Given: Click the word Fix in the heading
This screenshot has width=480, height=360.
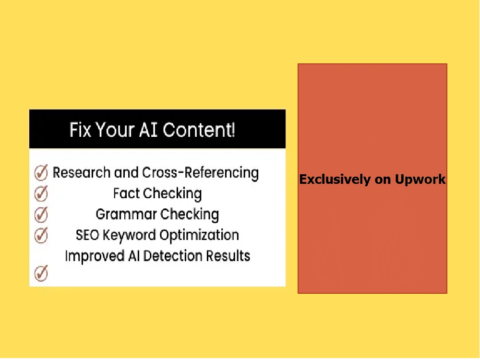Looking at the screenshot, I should [x=80, y=130].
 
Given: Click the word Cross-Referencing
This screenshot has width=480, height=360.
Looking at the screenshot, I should [x=200, y=173].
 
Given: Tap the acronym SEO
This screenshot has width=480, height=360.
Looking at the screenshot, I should [x=87, y=235].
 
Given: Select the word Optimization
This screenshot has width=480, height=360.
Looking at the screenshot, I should [x=199, y=235].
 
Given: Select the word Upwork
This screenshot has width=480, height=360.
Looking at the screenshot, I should [x=420, y=180].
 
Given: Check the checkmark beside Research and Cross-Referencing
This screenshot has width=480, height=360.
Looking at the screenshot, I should [x=41, y=172].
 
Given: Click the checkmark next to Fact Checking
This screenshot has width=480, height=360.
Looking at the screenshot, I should [x=41, y=193].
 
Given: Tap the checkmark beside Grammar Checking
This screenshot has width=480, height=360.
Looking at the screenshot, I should [x=41, y=214].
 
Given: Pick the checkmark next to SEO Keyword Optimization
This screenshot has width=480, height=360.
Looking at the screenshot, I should [x=41, y=235].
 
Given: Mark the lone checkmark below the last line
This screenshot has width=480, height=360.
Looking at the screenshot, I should [x=41, y=274].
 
